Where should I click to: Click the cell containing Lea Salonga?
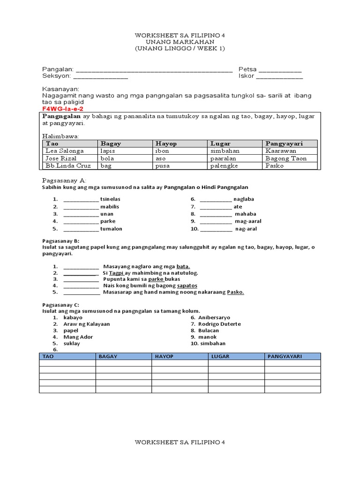click(x=65, y=151)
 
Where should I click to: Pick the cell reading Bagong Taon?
click(x=286, y=158)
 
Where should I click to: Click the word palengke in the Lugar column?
click(x=224, y=166)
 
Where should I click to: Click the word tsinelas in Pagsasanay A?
click(x=110, y=199)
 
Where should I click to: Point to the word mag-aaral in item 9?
click(x=248, y=221)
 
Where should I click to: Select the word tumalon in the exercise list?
click(x=111, y=229)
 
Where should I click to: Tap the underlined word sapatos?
click(x=187, y=285)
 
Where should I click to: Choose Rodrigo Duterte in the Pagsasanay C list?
click(x=219, y=324)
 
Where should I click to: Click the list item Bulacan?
click(x=209, y=330)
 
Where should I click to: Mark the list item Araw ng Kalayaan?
click(x=87, y=324)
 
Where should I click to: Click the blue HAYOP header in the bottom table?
click(x=165, y=357)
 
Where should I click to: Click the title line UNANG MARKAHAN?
click(x=180, y=42)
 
